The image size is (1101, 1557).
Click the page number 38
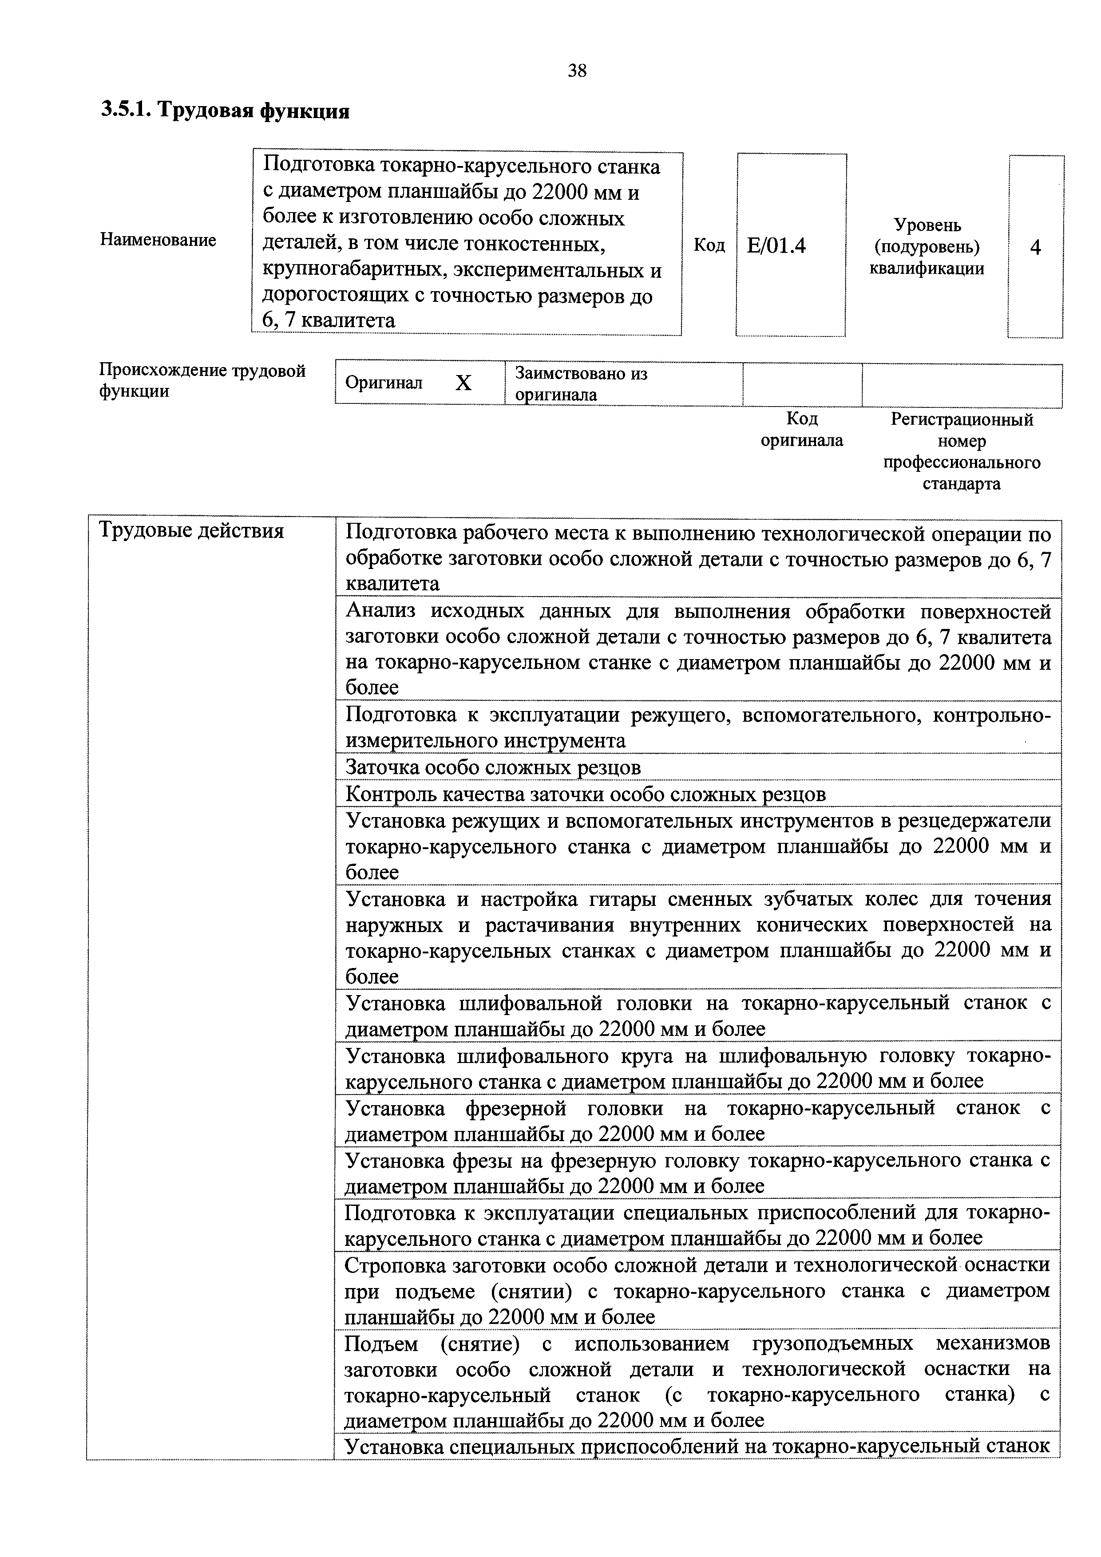[577, 71]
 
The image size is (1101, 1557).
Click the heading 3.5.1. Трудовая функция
[225, 111]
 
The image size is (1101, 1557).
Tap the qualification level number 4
[1035, 248]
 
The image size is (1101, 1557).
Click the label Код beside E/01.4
[709, 245]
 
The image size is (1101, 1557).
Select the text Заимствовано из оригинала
[582, 384]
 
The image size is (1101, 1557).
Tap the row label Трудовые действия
[191, 531]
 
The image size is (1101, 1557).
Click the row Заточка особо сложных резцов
[493, 767]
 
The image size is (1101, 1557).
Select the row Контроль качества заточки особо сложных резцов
[586, 794]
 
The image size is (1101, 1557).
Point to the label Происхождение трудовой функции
[202, 380]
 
